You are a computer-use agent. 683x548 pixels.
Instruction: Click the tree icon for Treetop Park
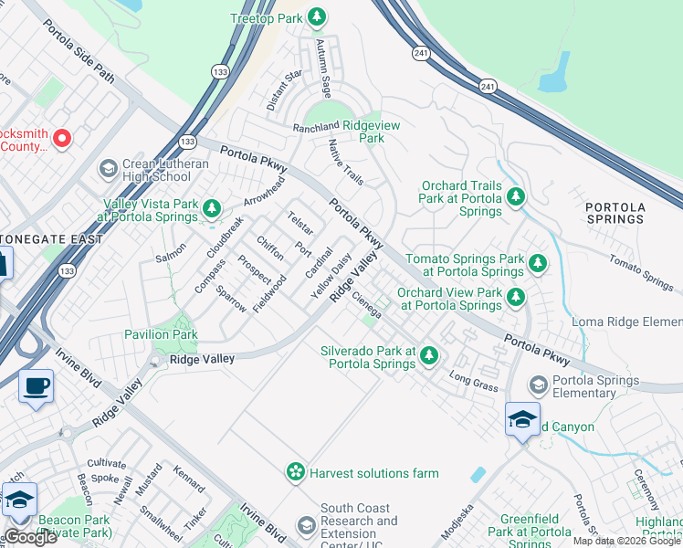[x=317, y=16]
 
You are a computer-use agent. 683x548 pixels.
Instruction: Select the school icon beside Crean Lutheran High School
[x=109, y=169]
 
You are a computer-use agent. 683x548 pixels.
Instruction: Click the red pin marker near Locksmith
[x=62, y=139]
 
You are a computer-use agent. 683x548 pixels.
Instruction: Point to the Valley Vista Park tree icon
[x=211, y=210]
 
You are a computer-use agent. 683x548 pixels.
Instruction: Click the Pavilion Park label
[x=161, y=334]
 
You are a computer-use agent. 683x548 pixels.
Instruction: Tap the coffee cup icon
[x=37, y=385]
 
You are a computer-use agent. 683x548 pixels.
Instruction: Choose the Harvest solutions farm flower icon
[x=296, y=472]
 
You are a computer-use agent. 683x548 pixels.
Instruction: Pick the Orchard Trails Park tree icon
[x=516, y=198]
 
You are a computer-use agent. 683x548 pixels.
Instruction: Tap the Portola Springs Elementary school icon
[x=539, y=386]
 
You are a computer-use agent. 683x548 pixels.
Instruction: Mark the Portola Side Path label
[x=79, y=51]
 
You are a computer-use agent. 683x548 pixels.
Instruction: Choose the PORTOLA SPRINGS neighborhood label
[x=615, y=213]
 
